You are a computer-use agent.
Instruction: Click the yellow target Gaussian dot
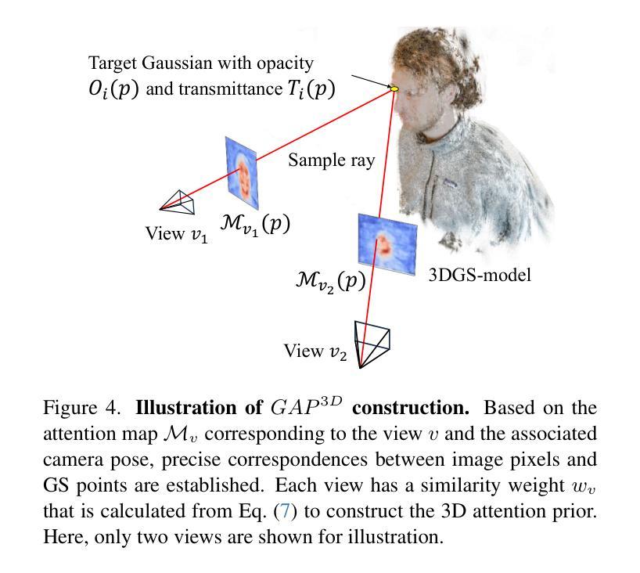(394, 88)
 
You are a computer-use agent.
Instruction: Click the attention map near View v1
(242, 173)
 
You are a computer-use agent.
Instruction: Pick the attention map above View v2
(387, 244)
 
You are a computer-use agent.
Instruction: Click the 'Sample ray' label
(332, 160)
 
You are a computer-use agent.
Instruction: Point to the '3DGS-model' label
(480, 276)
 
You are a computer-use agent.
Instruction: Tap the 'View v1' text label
(176, 234)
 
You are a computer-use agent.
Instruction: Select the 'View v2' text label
(315, 351)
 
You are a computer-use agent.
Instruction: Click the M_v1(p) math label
(255, 225)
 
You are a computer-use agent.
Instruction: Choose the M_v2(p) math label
(330, 281)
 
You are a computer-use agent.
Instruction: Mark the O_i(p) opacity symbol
(114, 88)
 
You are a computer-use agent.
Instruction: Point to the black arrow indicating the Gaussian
(371, 81)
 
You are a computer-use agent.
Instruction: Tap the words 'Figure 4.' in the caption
(81, 408)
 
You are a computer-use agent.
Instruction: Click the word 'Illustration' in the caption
(186, 408)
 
